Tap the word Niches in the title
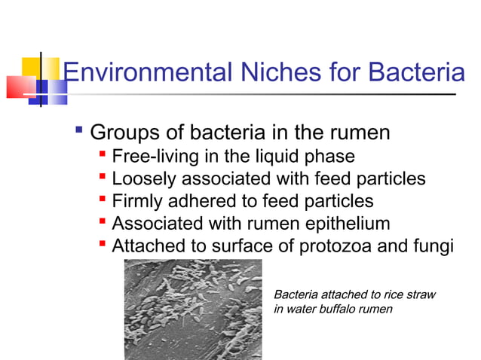270,72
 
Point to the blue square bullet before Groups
78,133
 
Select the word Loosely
141,179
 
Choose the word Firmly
136,201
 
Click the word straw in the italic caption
421,294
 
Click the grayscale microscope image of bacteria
192,309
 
